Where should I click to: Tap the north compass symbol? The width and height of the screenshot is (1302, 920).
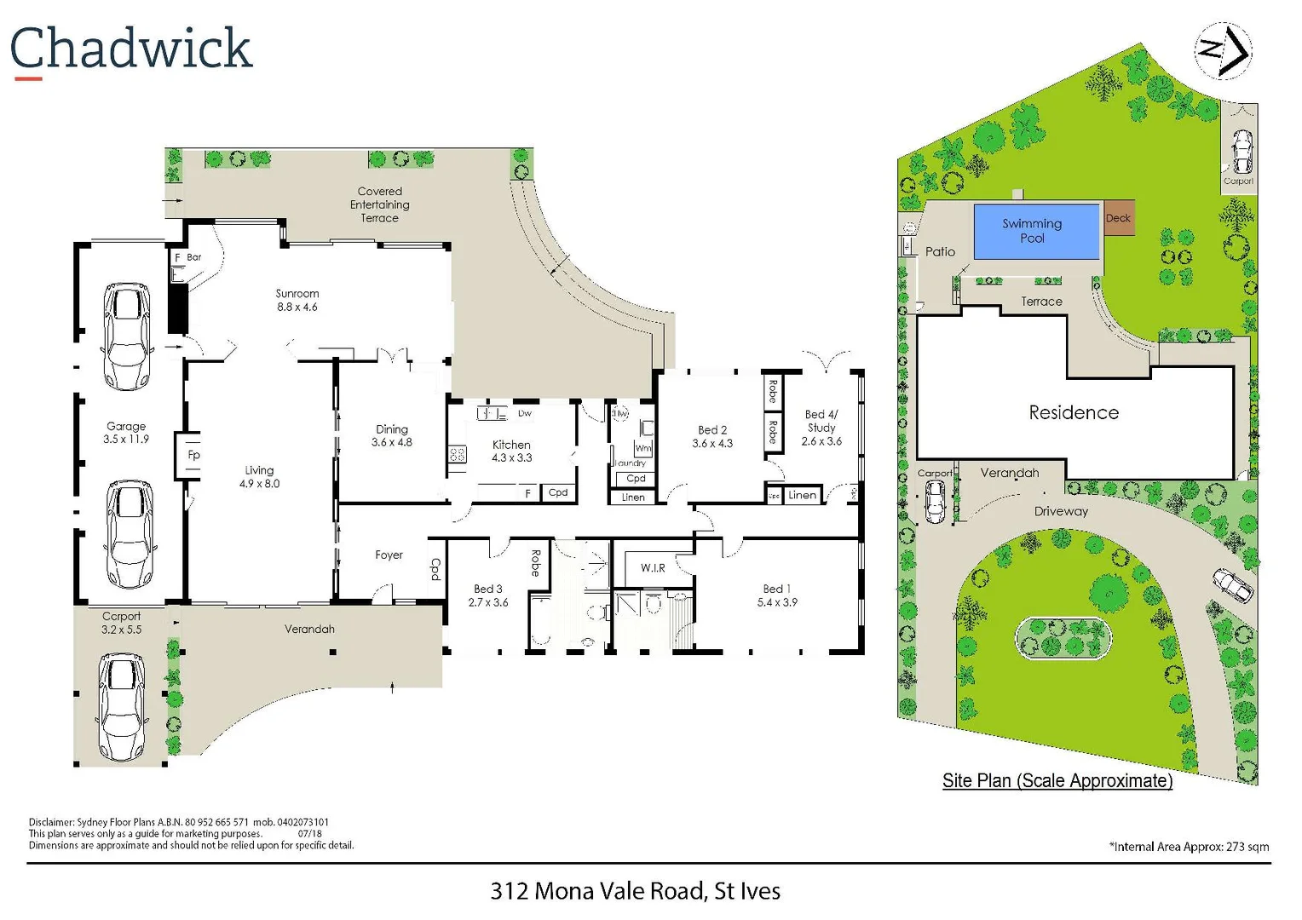[x=1224, y=51]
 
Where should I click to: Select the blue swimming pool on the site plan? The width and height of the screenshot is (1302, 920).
[x=1035, y=231]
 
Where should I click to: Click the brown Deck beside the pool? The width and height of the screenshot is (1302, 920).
[x=1119, y=219]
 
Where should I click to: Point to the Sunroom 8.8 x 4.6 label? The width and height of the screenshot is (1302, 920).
[x=297, y=300]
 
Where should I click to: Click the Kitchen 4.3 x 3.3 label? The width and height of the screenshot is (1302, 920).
[x=511, y=451]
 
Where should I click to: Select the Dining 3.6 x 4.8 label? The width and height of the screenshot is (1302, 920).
[x=392, y=435]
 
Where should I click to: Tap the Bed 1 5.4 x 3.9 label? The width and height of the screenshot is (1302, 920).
[x=777, y=595]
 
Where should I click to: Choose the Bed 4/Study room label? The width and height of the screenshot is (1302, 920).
[x=821, y=428]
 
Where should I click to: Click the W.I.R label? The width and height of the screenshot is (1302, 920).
[x=653, y=567]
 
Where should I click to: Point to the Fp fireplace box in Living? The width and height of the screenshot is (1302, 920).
[x=193, y=455]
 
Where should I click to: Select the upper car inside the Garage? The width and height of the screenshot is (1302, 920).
[x=127, y=336]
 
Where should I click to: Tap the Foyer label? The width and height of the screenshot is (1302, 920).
[x=389, y=555]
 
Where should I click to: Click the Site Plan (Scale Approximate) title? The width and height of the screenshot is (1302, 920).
[x=1057, y=780]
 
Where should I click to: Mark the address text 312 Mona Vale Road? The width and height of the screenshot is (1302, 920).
[x=635, y=891]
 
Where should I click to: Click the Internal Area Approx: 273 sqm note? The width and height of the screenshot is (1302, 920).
[x=1189, y=846]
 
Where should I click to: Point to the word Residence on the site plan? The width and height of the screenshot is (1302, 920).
[x=1074, y=412]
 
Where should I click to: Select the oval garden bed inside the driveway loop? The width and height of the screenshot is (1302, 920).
[x=1063, y=637]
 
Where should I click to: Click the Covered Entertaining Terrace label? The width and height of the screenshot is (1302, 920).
[x=379, y=204]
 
